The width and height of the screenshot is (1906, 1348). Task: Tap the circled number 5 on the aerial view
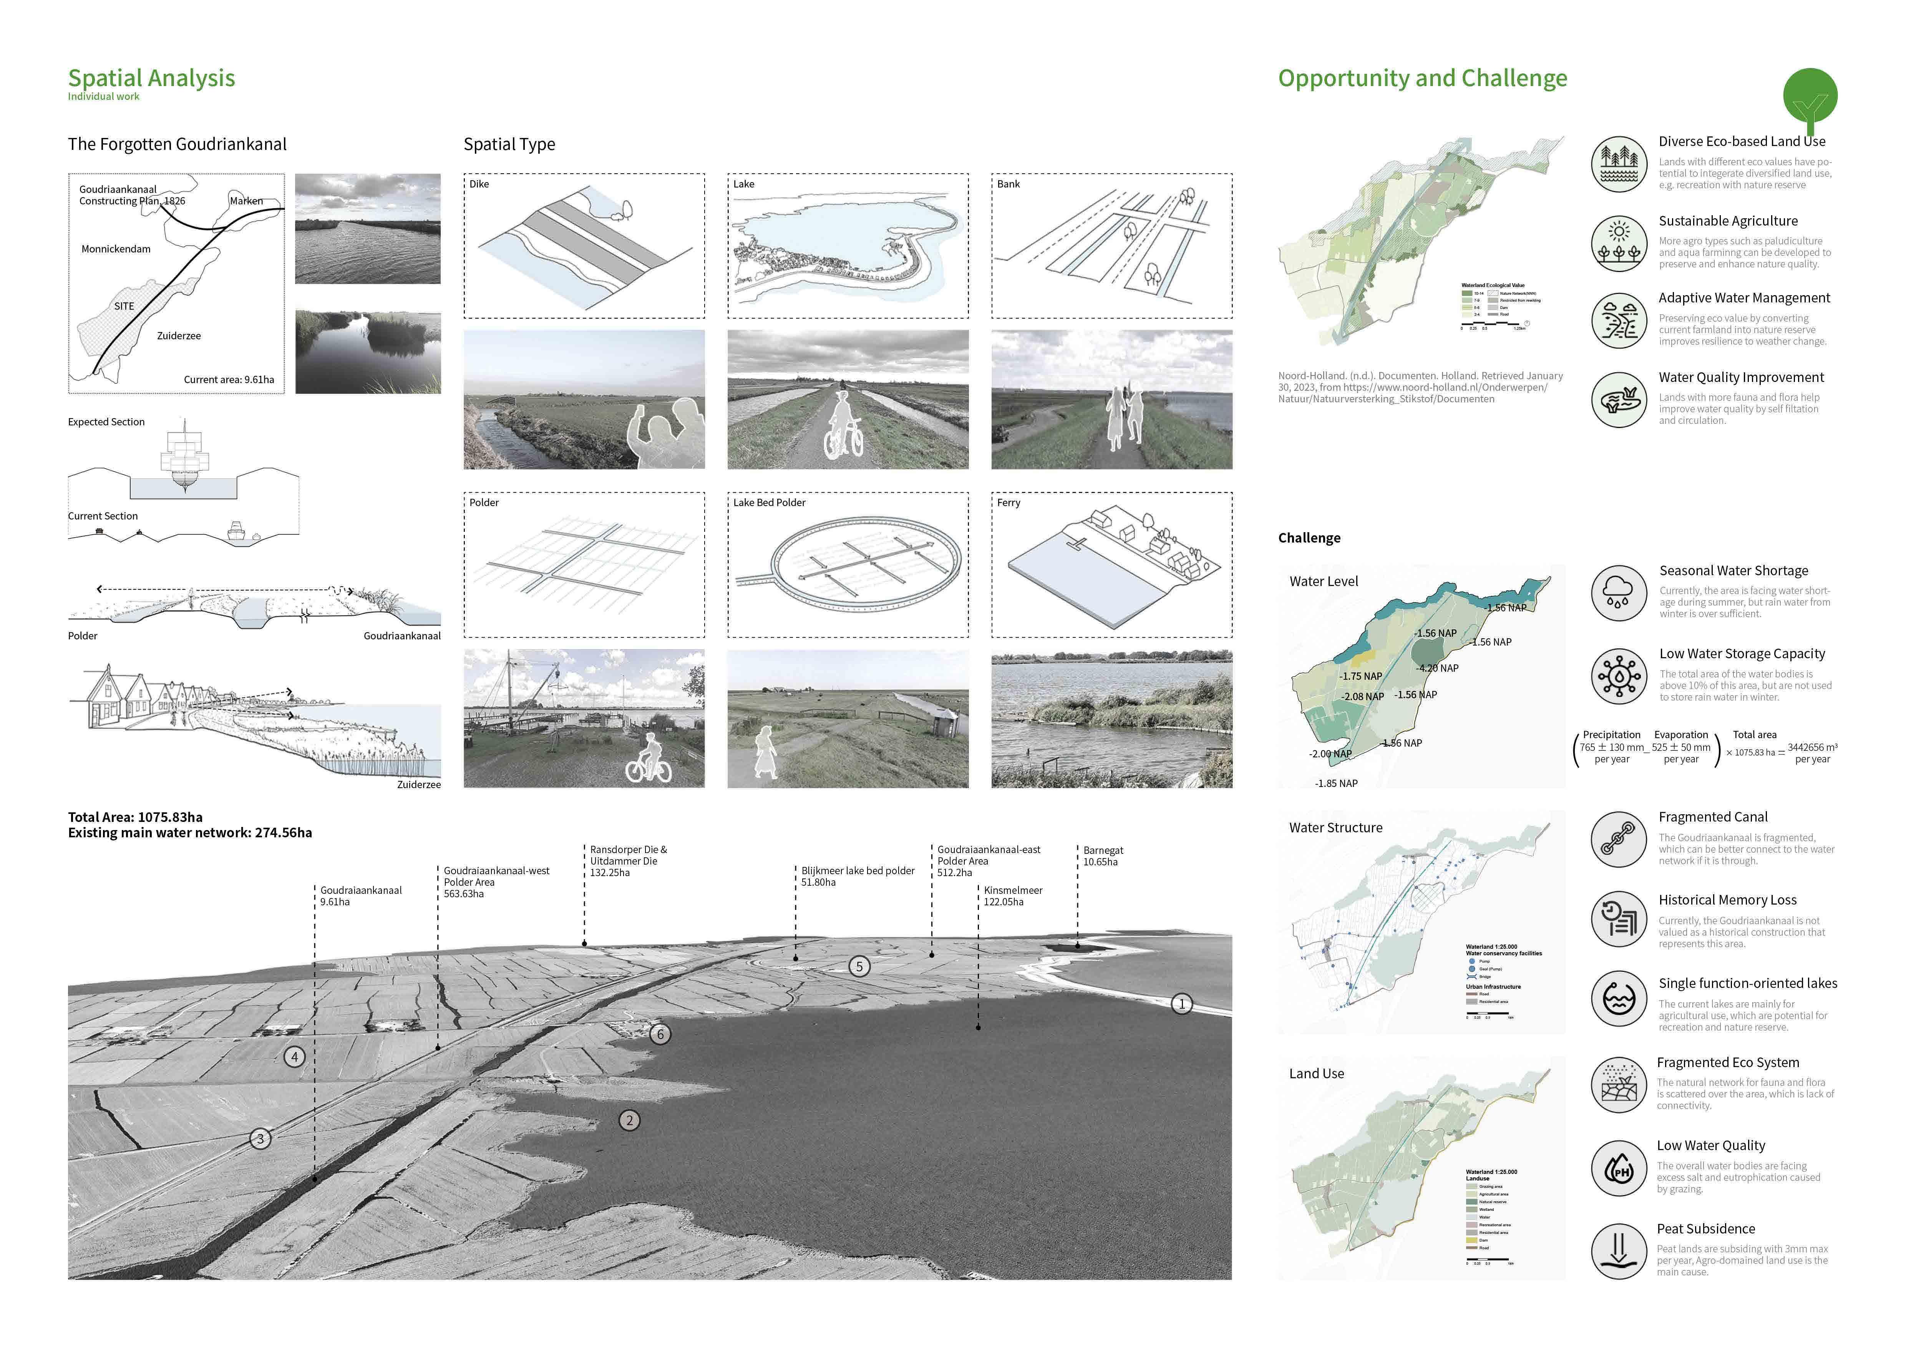(x=859, y=966)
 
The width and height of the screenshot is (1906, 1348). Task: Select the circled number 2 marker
(x=629, y=1121)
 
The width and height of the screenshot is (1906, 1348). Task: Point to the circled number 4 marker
(x=294, y=1057)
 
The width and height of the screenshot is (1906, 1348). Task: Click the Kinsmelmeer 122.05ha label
(x=1013, y=896)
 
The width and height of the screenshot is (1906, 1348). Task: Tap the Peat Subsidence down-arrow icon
(x=1619, y=1251)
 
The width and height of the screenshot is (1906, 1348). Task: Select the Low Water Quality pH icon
(x=1619, y=1168)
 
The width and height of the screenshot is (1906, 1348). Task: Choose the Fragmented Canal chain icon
(x=1619, y=839)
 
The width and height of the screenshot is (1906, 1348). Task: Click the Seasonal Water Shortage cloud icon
(x=1619, y=593)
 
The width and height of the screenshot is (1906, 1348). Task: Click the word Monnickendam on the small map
(x=116, y=249)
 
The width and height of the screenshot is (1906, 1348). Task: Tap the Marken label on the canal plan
(x=247, y=201)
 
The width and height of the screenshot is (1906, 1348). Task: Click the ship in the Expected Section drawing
(x=184, y=461)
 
